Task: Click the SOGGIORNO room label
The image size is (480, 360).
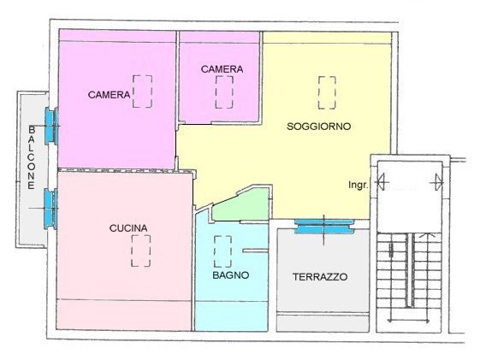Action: (x=318, y=127)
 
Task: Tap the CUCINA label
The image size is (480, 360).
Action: (x=128, y=228)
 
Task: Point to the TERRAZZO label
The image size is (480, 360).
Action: (x=320, y=277)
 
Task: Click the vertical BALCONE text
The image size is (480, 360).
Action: (x=32, y=157)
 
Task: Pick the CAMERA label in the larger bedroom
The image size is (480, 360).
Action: (x=109, y=95)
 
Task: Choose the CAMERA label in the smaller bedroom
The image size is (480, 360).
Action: (x=222, y=69)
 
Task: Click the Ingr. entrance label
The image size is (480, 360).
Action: (x=358, y=185)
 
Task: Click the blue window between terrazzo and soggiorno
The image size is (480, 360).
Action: (x=324, y=227)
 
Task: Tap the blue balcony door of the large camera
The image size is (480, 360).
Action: (x=51, y=126)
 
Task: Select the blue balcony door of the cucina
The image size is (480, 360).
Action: (x=50, y=209)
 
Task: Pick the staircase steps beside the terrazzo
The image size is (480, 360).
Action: (x=409, y=277)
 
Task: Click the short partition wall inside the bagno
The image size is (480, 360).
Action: (x=255, y=251)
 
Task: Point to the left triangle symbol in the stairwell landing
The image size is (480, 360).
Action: (x=382, y=182)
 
